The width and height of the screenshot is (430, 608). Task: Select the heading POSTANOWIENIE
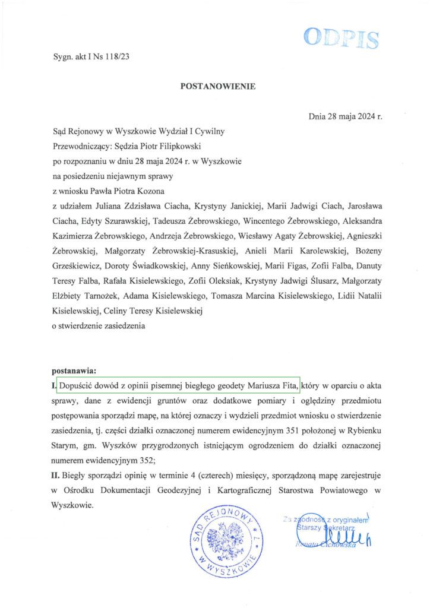tap(217, 86)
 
